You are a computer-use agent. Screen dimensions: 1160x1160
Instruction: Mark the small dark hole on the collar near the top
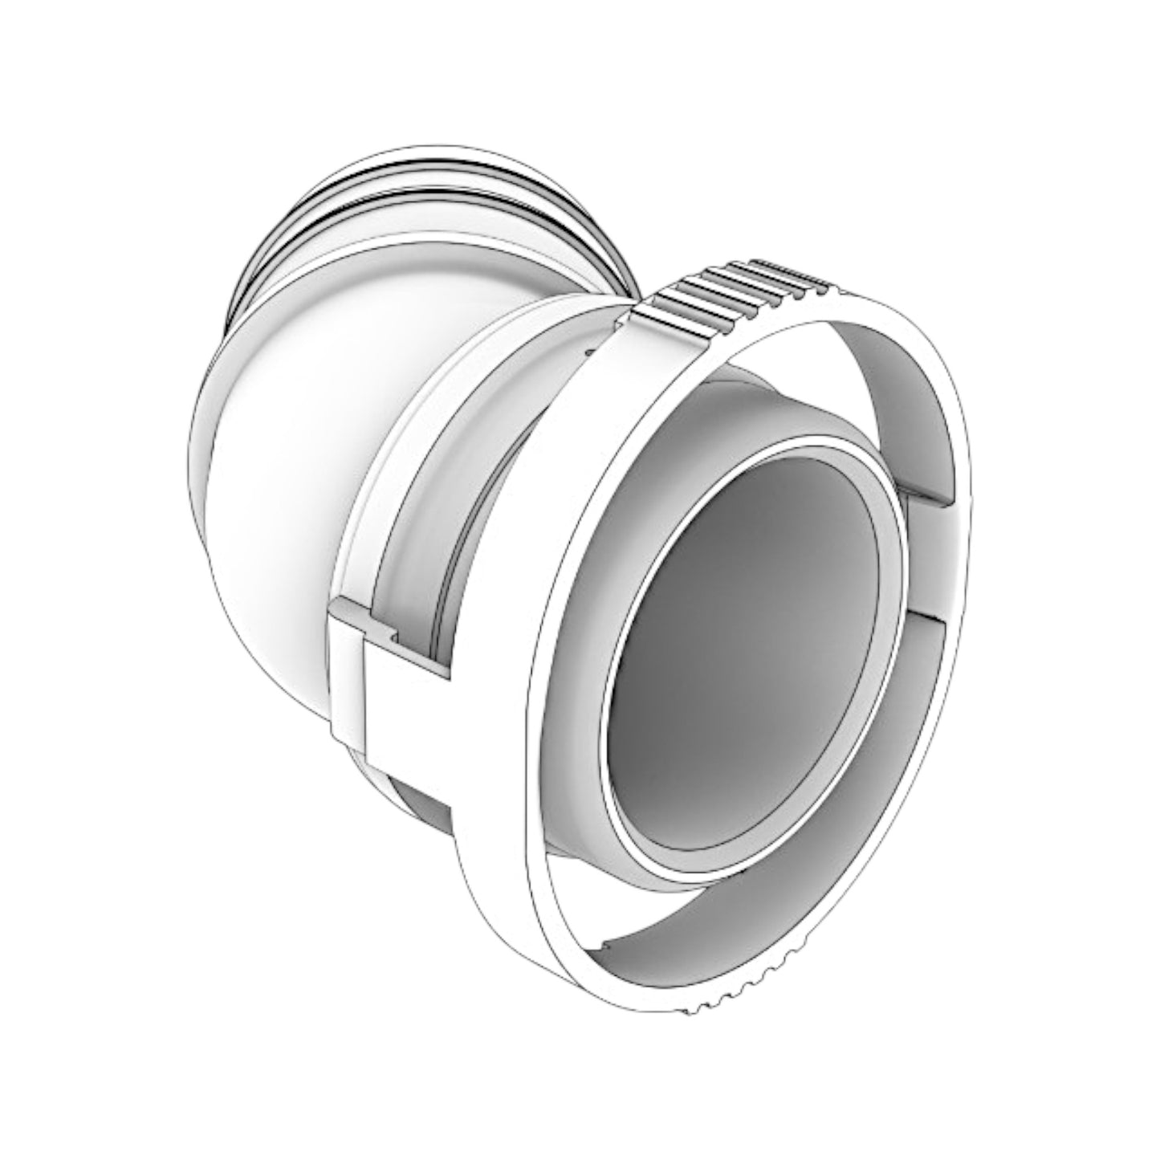[590, 350]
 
